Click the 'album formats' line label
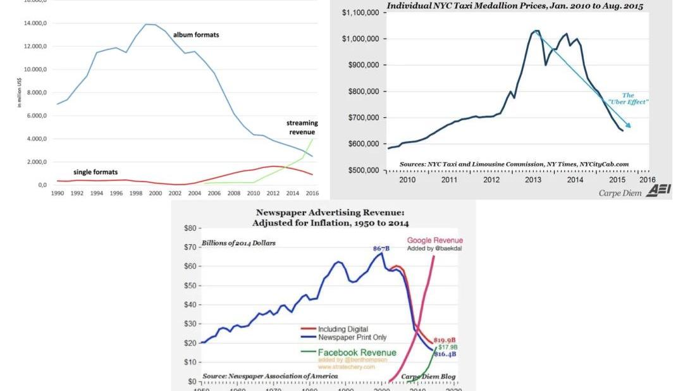coord(196,35)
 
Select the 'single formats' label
coord(95,172)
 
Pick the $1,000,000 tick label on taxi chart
coord(360,39)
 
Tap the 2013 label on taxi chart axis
coord(533,180)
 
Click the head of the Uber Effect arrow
coord(629,126)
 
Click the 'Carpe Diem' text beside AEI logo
coord(620,192)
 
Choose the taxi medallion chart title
coord(515,6)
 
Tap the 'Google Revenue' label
coord(434,240)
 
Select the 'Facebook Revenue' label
coord(357,352)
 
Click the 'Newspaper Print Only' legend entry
coord(352,337)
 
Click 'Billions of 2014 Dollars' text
coord(238,244)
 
